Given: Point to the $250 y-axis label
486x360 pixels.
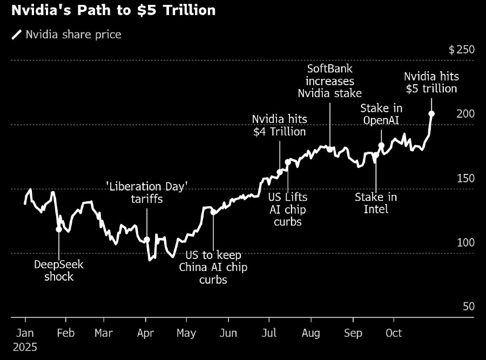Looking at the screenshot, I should click(462, 50).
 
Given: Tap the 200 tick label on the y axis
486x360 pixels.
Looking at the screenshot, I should click(465, 113).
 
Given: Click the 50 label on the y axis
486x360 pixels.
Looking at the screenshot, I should click(469, 306).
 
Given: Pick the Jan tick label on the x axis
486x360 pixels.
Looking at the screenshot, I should click(25, 333).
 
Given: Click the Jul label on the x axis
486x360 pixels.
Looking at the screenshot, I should click(268, 333).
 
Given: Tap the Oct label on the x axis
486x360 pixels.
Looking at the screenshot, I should click(394, 333).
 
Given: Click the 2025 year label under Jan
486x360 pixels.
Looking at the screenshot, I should click(25, 347).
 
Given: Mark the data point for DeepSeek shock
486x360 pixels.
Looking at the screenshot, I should click(59, 229).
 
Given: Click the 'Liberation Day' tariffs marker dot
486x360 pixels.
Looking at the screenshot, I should click(147, 239).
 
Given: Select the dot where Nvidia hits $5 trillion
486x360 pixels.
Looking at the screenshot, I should click(431, 113).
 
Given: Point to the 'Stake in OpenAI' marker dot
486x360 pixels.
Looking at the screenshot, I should click(381, 145).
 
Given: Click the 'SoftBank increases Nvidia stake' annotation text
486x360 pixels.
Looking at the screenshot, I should click(329, 81).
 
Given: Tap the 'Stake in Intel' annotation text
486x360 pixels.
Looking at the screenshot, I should click(376, 203).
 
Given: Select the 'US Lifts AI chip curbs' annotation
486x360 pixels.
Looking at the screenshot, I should click(287, 209).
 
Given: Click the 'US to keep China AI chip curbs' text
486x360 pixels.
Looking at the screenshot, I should click(213, 267).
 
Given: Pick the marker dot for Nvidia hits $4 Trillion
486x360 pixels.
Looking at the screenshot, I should click(280, 172).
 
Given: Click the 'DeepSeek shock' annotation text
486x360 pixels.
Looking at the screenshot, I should click(59, 270).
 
